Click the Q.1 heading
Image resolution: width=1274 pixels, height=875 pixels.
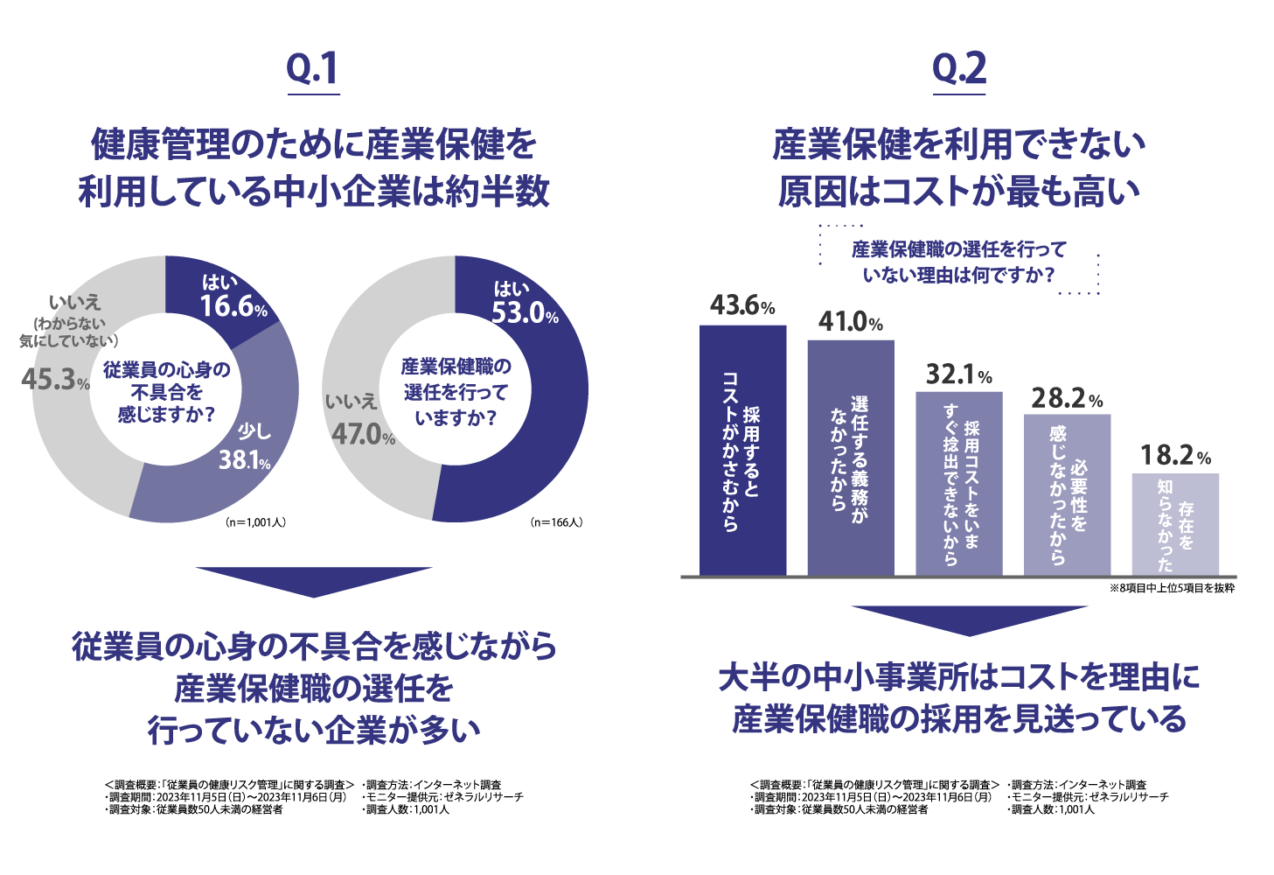tap(312, 69)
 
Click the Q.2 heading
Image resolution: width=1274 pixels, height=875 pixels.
tap(959, 69)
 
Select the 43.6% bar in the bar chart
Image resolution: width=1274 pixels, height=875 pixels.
tap(742, 451)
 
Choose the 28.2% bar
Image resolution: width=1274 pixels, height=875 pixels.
tap(1067, 494)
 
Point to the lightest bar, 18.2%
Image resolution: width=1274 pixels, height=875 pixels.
tap(1175, 524)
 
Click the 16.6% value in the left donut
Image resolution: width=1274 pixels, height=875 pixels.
tap(233, 306)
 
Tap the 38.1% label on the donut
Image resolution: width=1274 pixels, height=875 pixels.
tap(244, 459)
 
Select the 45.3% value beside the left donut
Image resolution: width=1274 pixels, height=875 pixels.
tap(55, 381)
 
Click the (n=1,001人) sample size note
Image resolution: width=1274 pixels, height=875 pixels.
tap(255, 522)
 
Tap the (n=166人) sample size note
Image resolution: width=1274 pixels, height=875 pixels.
tap(556, 522)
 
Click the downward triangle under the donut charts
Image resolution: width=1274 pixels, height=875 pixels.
tap(314, 580)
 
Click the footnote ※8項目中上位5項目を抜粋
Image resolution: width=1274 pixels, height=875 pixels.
tap(1172, 588)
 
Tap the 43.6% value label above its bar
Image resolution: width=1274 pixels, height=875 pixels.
tap(742, 305)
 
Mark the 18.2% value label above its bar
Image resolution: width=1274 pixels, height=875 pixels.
tap(1175, 455)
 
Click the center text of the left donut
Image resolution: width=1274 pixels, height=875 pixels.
tap(166, 391)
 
